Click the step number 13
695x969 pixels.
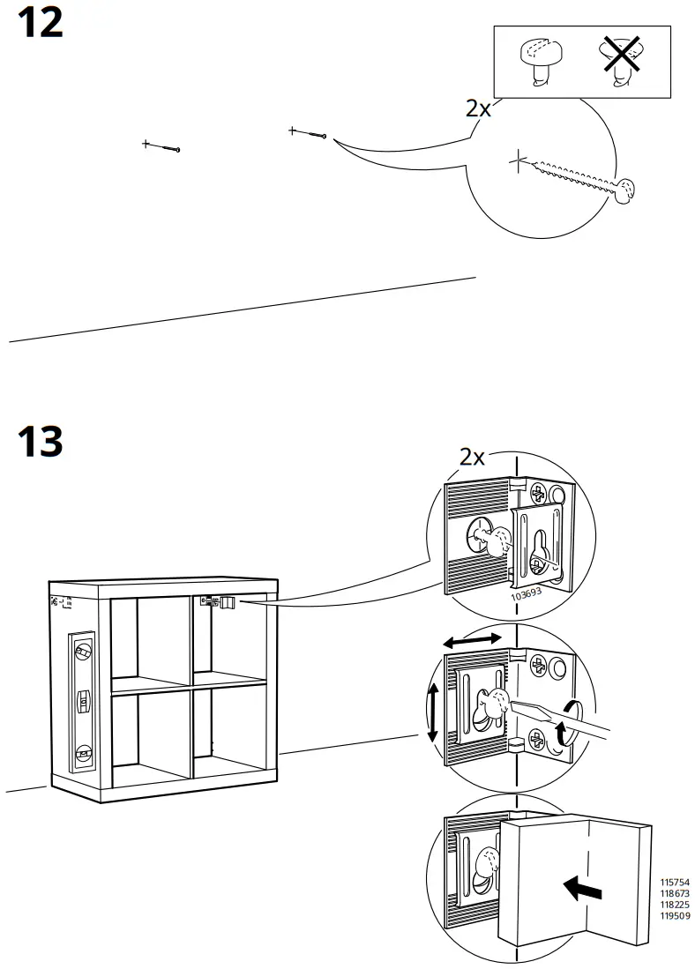click(41, 441)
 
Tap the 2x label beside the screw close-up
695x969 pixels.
click(478, 108)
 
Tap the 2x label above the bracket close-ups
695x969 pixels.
click(472, 457)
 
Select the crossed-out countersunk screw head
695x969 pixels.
click(623, 61)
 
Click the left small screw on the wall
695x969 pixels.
click(162, 145)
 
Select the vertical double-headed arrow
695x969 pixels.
click(432, 712)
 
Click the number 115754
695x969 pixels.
click(675, 883)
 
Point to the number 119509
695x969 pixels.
click(675, 915)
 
